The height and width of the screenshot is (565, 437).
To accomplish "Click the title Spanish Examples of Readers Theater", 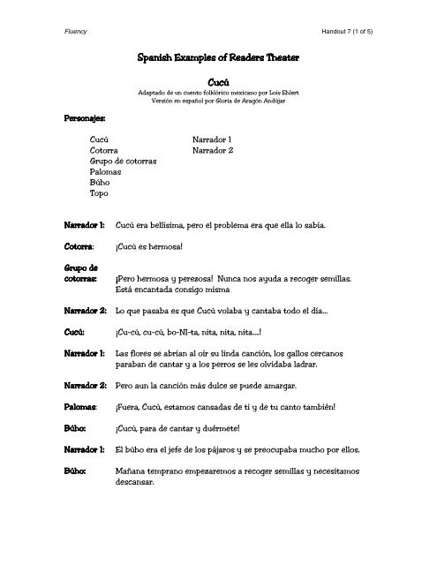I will pos(217,56).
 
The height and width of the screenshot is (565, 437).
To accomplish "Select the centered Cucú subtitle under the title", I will pos(217,80).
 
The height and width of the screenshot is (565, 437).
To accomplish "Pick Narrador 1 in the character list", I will pos(212,139).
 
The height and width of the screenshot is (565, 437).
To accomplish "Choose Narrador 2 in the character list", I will pos(212,152).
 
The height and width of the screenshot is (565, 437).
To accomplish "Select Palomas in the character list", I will pos(108,177).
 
